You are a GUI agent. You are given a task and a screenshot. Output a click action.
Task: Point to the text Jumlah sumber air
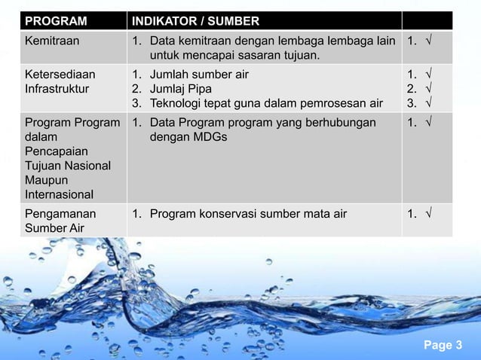[x=199, y=74]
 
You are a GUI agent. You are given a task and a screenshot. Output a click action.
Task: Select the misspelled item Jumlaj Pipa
[x=181, y=88]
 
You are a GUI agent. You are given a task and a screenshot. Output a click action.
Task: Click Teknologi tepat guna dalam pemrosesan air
[x=266, y=102]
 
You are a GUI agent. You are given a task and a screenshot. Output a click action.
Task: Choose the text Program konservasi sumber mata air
[x=248, y=214]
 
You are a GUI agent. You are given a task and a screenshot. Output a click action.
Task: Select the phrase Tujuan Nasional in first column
[x=67, y=166]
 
